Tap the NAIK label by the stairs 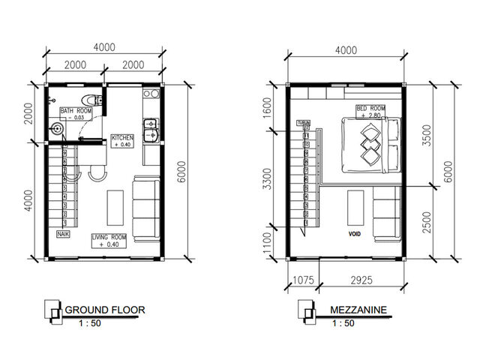62,235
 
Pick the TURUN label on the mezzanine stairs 304,122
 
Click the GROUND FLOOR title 105,309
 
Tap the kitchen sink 150,129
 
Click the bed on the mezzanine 370,142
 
